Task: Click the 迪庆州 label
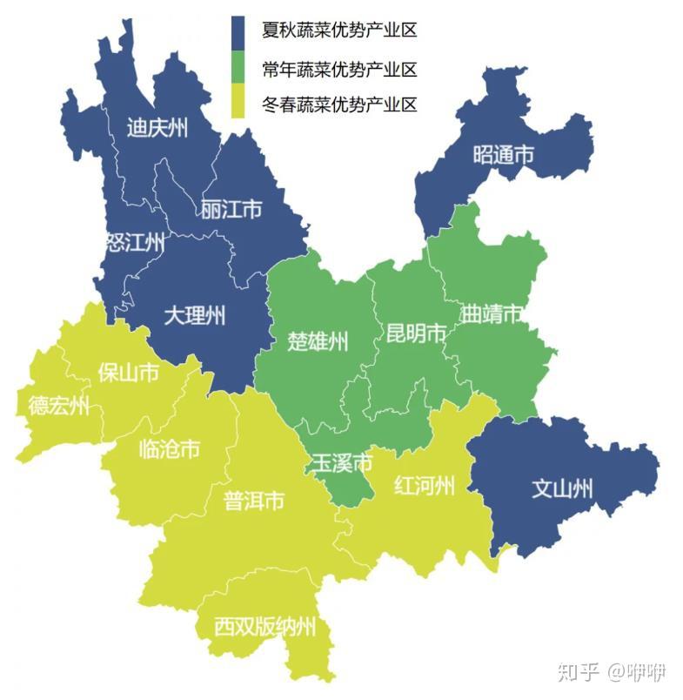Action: click(157, 129)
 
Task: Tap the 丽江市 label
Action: click(231, 210)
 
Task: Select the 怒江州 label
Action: click(135, 243)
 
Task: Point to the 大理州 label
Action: click(194, 314)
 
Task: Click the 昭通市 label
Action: click(503, 155)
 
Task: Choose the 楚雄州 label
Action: click(318, 340)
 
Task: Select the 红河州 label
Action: click(424, 485)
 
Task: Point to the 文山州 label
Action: click(562, 488)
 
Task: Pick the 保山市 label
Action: click(128, 373)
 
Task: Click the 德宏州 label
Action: click(58, 406)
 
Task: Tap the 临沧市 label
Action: click(169, 449)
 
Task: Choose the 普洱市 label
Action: click(254, 501)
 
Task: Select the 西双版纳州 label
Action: click(265, 626)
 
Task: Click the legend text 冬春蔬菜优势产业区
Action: click(339, 105)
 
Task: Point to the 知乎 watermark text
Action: click(578, 671)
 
